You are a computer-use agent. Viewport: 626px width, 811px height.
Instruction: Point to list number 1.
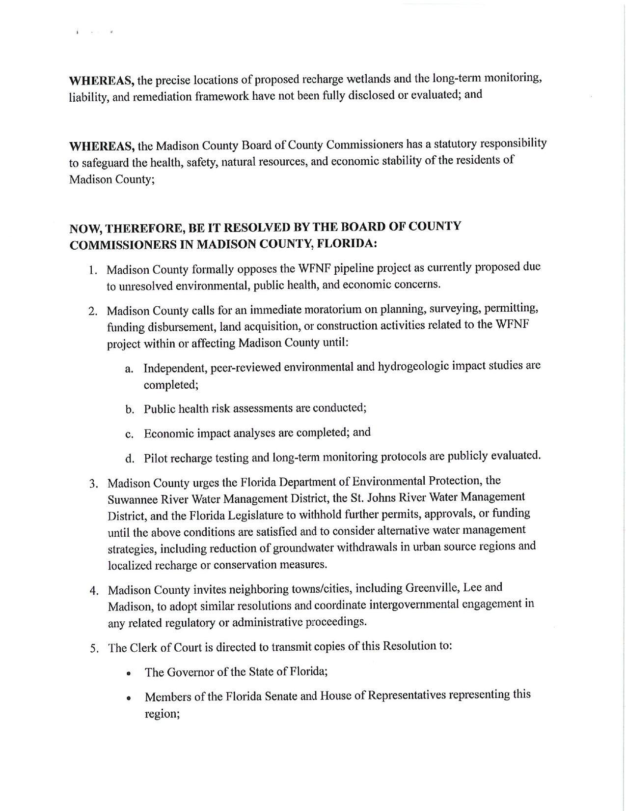92,270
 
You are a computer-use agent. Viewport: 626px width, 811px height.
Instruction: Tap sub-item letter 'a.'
129,369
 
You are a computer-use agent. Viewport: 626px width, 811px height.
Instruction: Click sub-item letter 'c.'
129,434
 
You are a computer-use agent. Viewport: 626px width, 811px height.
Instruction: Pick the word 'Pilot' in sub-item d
156,459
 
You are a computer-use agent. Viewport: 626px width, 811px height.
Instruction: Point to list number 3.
93,484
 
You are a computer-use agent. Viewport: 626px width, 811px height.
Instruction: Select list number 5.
94,648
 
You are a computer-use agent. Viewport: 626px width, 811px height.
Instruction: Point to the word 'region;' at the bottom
161,714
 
